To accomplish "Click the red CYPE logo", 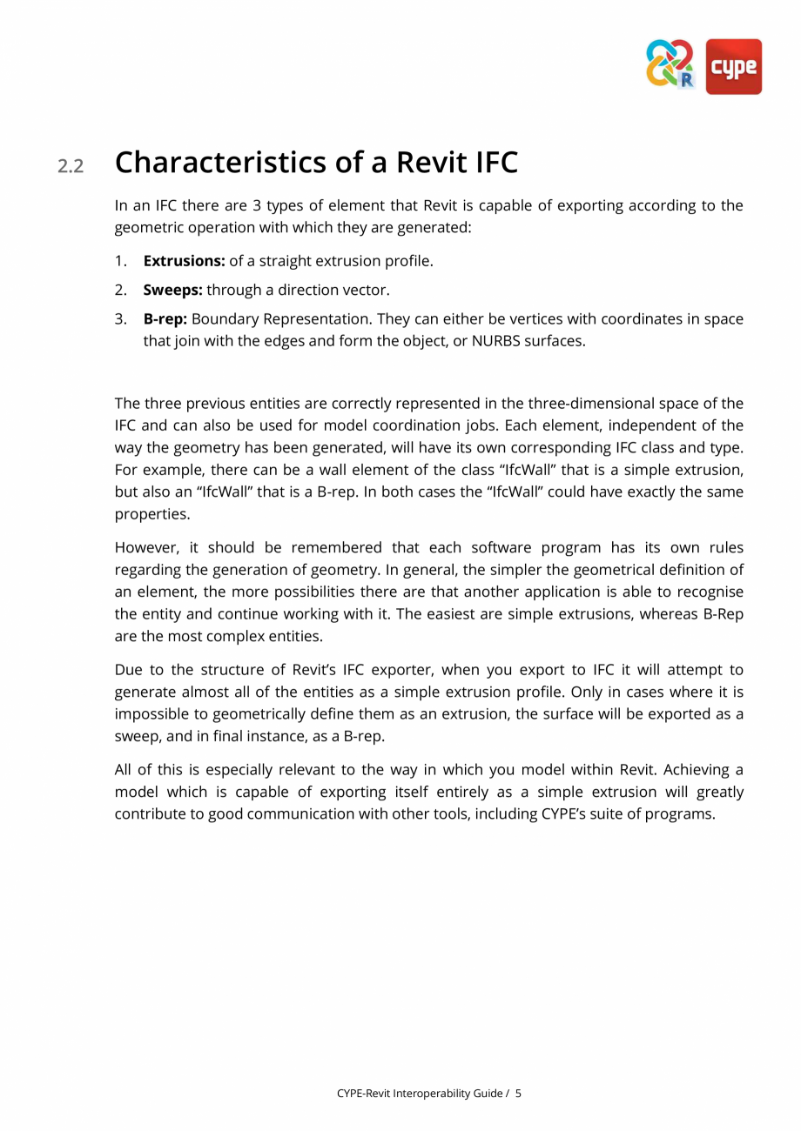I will tap(733, 66).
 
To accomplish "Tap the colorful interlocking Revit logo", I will tap(670, 64).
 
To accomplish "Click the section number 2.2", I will tap(71, 166).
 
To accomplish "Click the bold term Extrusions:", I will tap(184, 261).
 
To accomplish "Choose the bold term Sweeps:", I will tap(172, 290).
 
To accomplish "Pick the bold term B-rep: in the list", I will tap(165, 319).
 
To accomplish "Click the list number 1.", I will tap(121, 261).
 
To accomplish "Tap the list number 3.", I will tap(121, 319).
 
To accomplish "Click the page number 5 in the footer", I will tap(518, 1094).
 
